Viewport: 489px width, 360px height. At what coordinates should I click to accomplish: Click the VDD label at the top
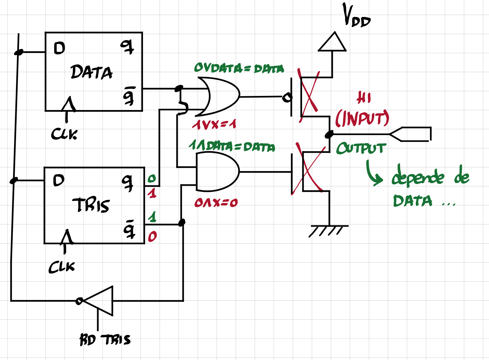(356, 16)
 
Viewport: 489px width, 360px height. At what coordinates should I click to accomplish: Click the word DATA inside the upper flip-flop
(91, 72)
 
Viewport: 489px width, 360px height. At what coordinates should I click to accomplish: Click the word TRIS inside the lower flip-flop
(91, 205)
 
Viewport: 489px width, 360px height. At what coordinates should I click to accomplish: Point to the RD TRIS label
(105, 339)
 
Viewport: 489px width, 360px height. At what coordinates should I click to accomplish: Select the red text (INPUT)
(362, 118)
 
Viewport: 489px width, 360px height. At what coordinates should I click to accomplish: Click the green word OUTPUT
(361, 148)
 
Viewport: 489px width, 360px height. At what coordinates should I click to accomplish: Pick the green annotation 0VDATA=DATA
(239, 68)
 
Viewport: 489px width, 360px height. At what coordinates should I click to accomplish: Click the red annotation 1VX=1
(214, 124)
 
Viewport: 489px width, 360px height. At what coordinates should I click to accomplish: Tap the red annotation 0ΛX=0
(216, 202)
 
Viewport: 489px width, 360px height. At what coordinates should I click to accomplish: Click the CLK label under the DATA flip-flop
(64, 134)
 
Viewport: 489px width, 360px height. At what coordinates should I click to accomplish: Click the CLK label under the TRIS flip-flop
(62, 267)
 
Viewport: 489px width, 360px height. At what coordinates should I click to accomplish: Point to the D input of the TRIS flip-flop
(59, 181)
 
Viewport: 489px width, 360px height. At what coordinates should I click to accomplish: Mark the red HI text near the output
(364, 98)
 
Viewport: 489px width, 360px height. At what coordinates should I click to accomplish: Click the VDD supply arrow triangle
(332, 42)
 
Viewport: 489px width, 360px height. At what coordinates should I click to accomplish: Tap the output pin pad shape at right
(412, 134)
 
